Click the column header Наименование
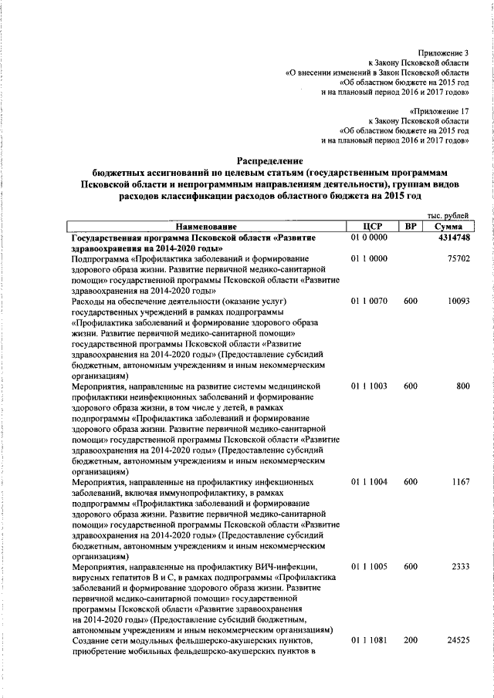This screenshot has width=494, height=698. click(205, 227)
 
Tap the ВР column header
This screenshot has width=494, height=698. click(410, 227)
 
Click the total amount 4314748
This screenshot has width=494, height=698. click(453, 238)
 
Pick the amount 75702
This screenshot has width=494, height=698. click(458, 259)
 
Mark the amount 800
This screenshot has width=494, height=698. click(462, 385)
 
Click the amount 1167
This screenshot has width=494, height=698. click(460, 481)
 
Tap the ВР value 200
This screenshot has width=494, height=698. click(410, 639)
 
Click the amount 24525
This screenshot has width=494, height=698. click(458, 639)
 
